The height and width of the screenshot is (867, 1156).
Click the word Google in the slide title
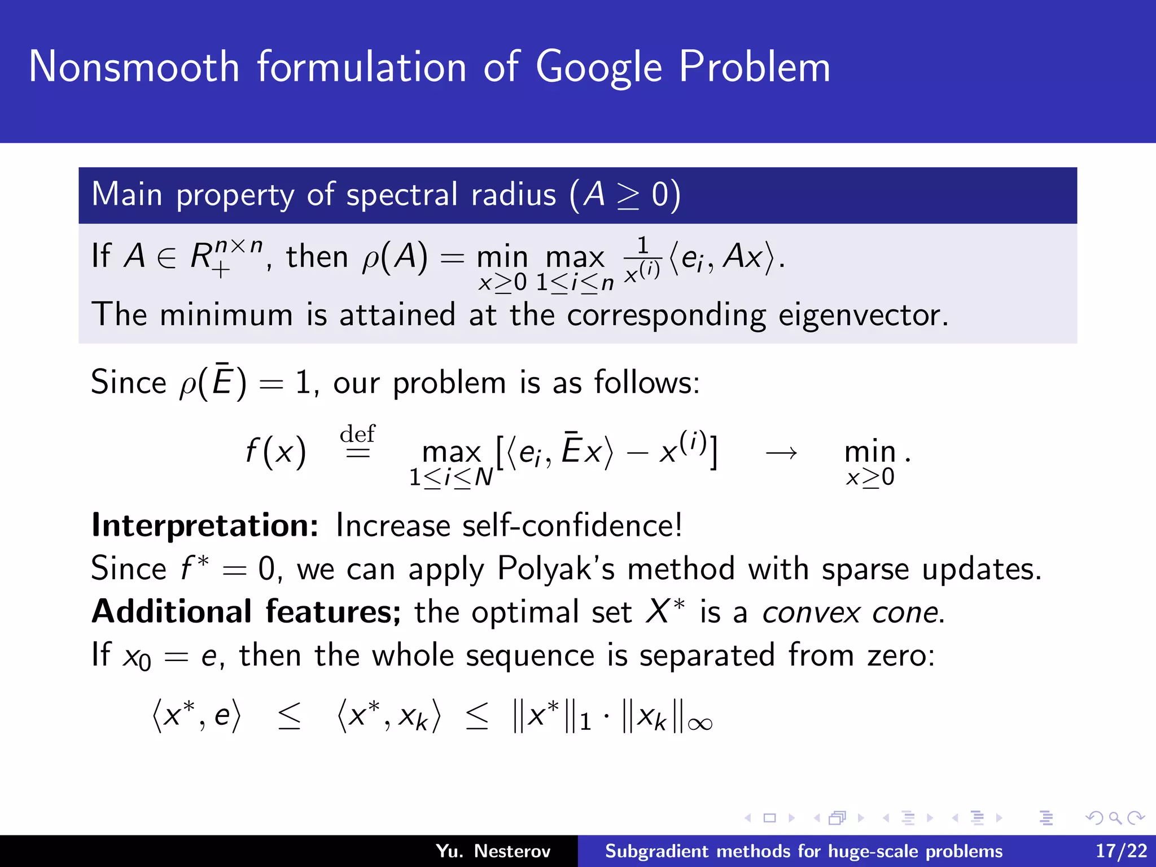tap(598, 68)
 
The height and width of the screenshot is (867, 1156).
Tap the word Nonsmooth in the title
tap(134, 67)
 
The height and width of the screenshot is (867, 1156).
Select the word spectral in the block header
tap(401, 195)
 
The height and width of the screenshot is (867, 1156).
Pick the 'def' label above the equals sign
tap(357, 434)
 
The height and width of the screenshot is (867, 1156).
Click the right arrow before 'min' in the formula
tap(781, 452)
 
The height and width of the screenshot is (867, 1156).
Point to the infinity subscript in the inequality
tap(700, 724)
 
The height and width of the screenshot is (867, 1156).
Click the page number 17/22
tap(1121, 851)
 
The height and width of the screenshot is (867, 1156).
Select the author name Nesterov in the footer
tap(512, 851)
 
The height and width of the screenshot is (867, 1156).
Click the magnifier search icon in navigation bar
tap(1115, 818)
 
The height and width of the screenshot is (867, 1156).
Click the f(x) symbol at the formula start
tap(275, 452)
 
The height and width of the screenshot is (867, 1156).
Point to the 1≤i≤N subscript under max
tap(450, 478)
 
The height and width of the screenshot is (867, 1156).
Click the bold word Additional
tap(172, 612)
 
